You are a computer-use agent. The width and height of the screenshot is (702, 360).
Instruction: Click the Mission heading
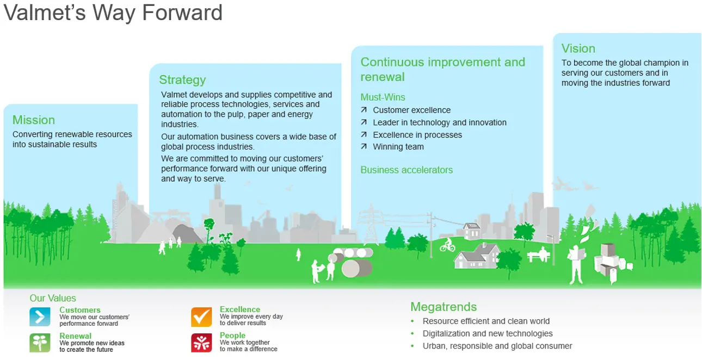(34, 120)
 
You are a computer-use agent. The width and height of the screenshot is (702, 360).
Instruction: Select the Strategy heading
(182, 80)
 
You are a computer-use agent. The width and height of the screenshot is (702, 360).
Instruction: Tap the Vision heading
(578, 48)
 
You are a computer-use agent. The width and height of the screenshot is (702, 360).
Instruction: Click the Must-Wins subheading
(383, 97)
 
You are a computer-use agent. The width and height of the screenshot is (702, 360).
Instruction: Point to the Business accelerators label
(407, 170)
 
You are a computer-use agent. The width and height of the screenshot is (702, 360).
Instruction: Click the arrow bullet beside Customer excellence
(364, 110)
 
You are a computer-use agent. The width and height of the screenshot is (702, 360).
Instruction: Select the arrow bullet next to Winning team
(364, 146)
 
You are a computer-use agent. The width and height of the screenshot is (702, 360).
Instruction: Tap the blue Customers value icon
(40, 316)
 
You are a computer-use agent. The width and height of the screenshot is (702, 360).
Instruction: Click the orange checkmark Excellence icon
(201, 317)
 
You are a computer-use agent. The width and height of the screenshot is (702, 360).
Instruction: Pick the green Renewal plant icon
(40, 343)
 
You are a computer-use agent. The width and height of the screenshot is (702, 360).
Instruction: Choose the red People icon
(201, 343)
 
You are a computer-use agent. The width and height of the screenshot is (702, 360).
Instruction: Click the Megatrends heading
(444, 307)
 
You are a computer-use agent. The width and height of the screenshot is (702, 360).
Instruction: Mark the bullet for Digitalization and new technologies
(412, 333)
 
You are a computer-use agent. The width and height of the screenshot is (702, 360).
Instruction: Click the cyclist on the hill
(447, 245)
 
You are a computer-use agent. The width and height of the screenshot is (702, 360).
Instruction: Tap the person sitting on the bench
(543, 253)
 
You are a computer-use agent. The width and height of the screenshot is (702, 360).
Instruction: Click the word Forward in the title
(182, 13)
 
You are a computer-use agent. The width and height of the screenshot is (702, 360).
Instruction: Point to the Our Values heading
(53, 298)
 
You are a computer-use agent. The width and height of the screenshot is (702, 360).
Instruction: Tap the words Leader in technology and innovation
(439, 122)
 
